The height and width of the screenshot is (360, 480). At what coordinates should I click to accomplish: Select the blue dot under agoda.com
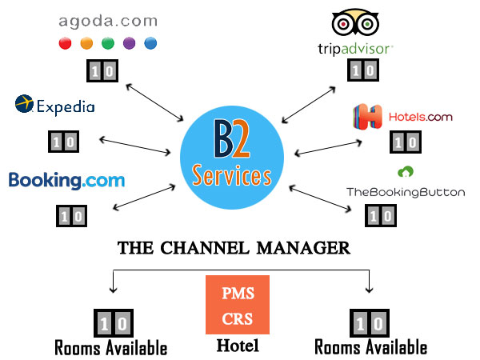[150, 42]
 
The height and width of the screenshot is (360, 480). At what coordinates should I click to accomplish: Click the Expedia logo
[55, 105]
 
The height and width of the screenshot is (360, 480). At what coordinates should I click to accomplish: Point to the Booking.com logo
[67, 180]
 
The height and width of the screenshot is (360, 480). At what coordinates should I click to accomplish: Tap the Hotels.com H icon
[368, 118]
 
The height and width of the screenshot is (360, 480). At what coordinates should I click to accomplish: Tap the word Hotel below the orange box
[237, 346]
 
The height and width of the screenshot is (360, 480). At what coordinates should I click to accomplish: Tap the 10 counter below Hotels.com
[405, 142]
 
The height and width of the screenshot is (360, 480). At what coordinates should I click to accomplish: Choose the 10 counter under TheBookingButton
[379, 214]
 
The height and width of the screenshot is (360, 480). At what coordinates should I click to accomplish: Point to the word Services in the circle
[232, 174]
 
